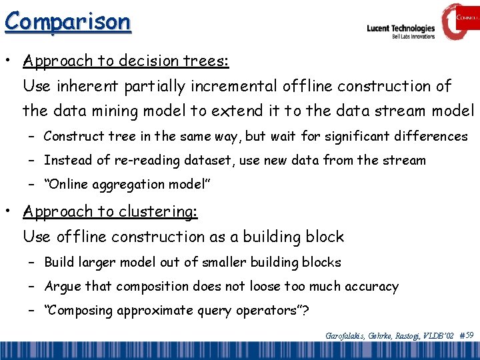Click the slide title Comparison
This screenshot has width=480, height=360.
pos(67,21)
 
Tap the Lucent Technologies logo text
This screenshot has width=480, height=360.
pos(401,29)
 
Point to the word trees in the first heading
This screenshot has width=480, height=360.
pos(205,61)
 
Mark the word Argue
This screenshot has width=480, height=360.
pos(61,286)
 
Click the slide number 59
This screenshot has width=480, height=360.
pos(469,335)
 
